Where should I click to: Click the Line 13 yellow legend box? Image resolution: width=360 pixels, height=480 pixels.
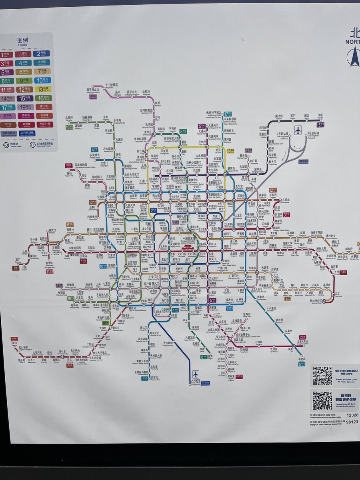tap(42, 89)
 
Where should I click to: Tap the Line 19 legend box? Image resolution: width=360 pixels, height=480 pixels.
tap(23, 107)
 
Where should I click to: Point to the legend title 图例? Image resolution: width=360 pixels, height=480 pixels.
tap(22, 41)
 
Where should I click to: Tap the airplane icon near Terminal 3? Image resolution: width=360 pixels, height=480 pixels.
tap(298, 130)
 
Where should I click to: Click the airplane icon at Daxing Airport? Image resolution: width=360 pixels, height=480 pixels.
tap(195, 374)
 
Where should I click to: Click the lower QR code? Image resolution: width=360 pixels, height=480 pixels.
tap(322, 400)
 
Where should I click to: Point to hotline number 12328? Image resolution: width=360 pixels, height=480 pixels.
tap(352, 415)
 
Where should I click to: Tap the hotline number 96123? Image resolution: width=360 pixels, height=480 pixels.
tap(352, 422)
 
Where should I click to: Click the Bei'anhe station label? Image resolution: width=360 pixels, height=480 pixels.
tap(69, 118)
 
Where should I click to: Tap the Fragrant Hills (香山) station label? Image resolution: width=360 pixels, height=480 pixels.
tap(69, 173)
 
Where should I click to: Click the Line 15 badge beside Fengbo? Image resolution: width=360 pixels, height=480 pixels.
tap(320, 125)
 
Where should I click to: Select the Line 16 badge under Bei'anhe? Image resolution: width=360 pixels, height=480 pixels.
tap(69, 127)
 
